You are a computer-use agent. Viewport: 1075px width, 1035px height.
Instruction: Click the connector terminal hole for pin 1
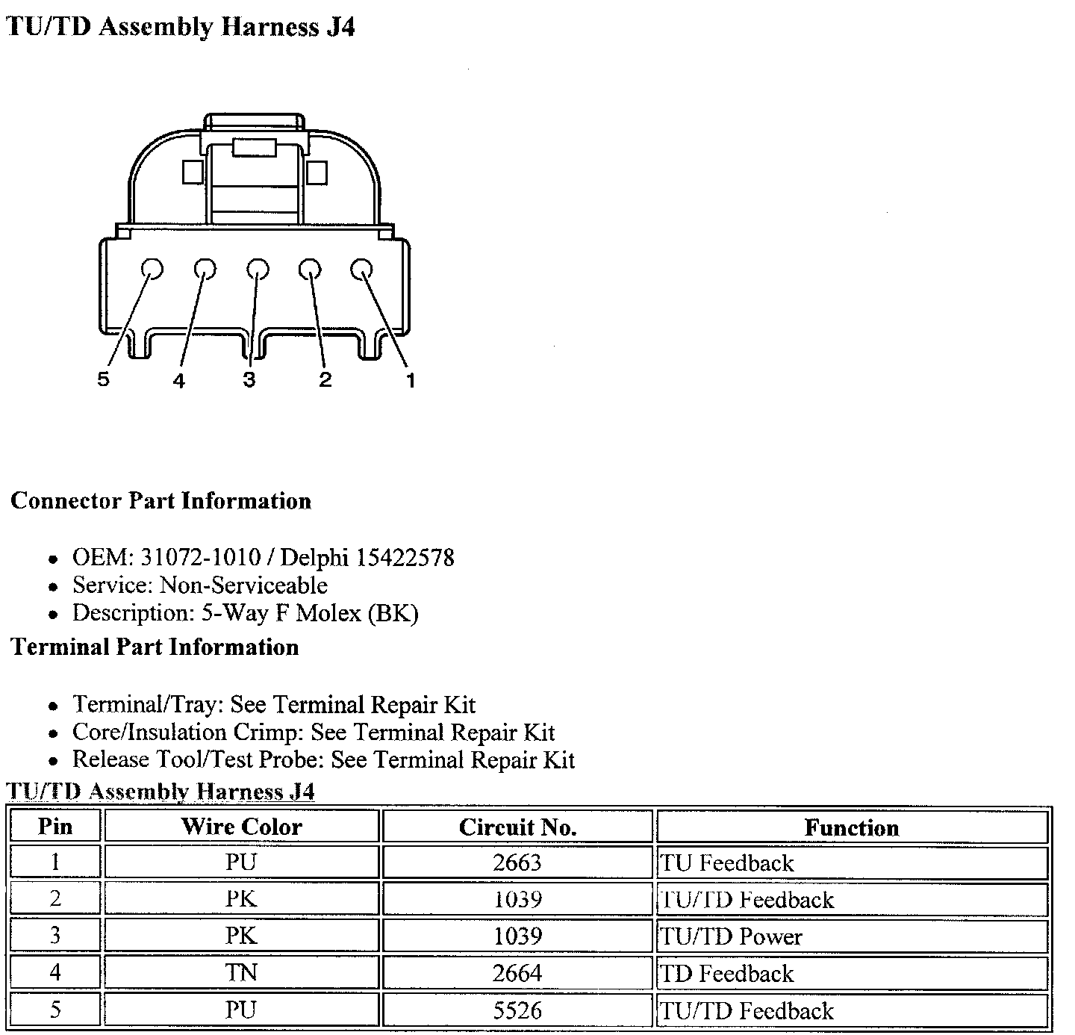(361, 269)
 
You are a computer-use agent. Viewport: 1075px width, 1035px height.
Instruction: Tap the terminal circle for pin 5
(152, 269)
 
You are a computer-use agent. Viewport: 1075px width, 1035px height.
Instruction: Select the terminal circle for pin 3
(257, 269)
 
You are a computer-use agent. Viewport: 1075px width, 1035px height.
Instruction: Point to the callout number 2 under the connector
(325, 379)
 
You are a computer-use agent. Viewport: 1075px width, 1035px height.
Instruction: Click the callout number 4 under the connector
(178, 381)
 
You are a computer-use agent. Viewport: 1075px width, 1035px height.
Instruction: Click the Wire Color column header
(241, 827)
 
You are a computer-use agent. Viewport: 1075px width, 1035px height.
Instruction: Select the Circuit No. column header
(517, 827)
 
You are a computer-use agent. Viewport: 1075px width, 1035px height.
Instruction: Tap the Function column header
(851, 827)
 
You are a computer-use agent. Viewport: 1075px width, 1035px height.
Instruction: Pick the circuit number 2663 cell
(517, 862)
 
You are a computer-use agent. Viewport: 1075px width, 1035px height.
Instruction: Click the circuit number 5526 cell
(517, 1010)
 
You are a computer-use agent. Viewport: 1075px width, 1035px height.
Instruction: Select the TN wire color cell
(241, 973)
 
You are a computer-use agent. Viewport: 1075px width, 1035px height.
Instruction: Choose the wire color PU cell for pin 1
(241, 862)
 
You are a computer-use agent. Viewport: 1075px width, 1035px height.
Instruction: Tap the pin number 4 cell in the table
(55, 973)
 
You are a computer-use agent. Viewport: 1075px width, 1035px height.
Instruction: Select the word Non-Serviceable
(243, 585)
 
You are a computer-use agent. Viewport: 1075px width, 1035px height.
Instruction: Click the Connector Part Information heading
(161, 500)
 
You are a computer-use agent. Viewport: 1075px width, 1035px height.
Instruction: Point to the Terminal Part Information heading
(155, 647)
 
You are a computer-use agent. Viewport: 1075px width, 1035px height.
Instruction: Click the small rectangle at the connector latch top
(255, 147)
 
